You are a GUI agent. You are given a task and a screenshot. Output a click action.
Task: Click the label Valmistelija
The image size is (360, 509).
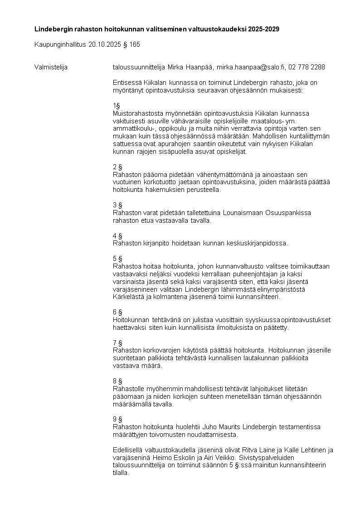[x=51, y=67]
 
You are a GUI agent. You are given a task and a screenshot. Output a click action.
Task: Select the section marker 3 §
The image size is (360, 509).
[x=117, y=205]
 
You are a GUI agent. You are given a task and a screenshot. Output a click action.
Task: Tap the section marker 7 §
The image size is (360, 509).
[x=117, y=343]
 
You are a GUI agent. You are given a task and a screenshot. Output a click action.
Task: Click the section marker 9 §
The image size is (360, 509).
[x=117, y=419]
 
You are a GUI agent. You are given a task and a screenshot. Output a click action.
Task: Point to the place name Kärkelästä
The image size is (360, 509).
[x=129, y=297]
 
